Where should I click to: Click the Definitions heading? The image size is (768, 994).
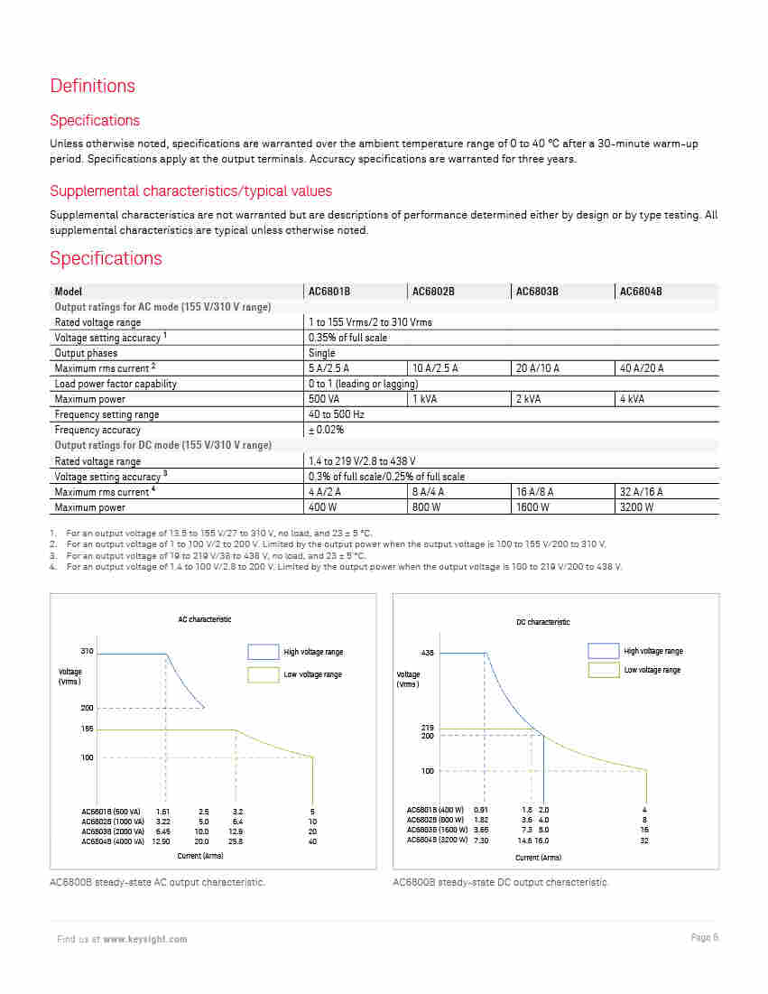pyautogui.click(x=92, y=86)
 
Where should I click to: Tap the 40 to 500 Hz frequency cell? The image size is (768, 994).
pyautogui.click(x=337, y=414)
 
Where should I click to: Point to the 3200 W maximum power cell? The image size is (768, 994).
pyautogui.click(x=636, y=507)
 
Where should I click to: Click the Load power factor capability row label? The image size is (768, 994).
pyautogui.click(x=116, y=384)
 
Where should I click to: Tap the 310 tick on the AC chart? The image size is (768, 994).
pyautogui.click(x=87, y=651)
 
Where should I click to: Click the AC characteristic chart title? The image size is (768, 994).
pyautogui.click(x=204, y=619)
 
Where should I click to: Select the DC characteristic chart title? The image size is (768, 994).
pyautogui.click(x=542, y=622)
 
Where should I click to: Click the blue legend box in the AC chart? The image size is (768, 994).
pyautogui.click(x=263, y=652)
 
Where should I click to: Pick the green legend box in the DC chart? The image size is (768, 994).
pyautogui.click(x=603, y=670)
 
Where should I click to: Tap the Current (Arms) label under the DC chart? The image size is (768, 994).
pyautogui.click(x=539, y=857)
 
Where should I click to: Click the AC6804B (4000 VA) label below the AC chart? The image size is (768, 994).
pyautogui.click(x=113, y=841)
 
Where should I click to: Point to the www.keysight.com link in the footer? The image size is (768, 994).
pyautogui.click(x=145, y=939)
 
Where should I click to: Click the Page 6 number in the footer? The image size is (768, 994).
pyautogui.click(x=704, y=937)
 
